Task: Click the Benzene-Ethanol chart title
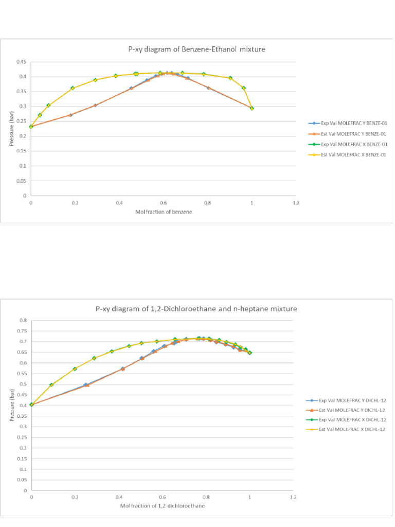click(x=196, y=49)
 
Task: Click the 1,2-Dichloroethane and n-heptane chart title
click(x=196, y=309)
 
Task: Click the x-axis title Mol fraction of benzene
click(x=163, y=212)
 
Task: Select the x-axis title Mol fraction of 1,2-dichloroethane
click(x=163, y=506)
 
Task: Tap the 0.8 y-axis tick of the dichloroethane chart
click(x=23, y=320)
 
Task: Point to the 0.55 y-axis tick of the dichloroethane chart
click(x=22, y=373)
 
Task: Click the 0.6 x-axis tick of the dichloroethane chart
click(x=163, y=498)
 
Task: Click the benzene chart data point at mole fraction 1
click(x=252, y=108)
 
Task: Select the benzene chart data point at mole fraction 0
click(x=31, y=126)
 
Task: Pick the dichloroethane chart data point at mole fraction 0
click(x=31, y=405)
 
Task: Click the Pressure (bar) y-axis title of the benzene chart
click(x=11, y=129)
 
